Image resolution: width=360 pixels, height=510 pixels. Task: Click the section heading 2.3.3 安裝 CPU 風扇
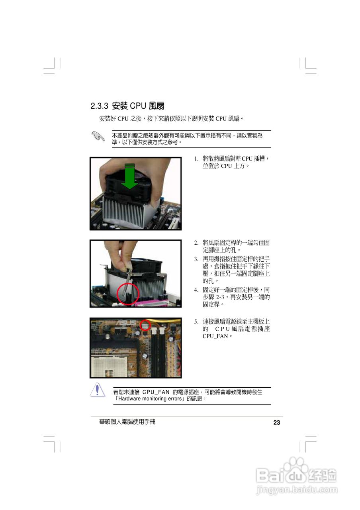click(x=127, y=106)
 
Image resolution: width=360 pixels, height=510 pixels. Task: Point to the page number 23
click(x=277, y=423)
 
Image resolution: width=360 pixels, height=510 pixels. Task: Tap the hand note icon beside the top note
click(x=97, y=136)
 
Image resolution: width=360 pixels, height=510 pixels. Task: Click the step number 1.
click(x=196, y=159)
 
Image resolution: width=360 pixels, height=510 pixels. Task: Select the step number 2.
click(x=196, y=243)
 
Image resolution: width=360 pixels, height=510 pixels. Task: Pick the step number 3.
click(x=196, y=259)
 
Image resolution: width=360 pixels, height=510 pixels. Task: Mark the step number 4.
click(x=196, y=290)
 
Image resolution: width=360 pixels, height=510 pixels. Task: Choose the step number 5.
click(x=196, y=322)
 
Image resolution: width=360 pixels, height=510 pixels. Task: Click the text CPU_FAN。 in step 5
click(x=217, y=336)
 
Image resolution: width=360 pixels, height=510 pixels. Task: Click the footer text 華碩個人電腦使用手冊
click(x=127, y=422)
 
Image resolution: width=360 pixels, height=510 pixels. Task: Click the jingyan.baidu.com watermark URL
click(x=297, y=490)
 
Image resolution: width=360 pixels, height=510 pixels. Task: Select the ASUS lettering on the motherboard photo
click(x=127, y=323)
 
